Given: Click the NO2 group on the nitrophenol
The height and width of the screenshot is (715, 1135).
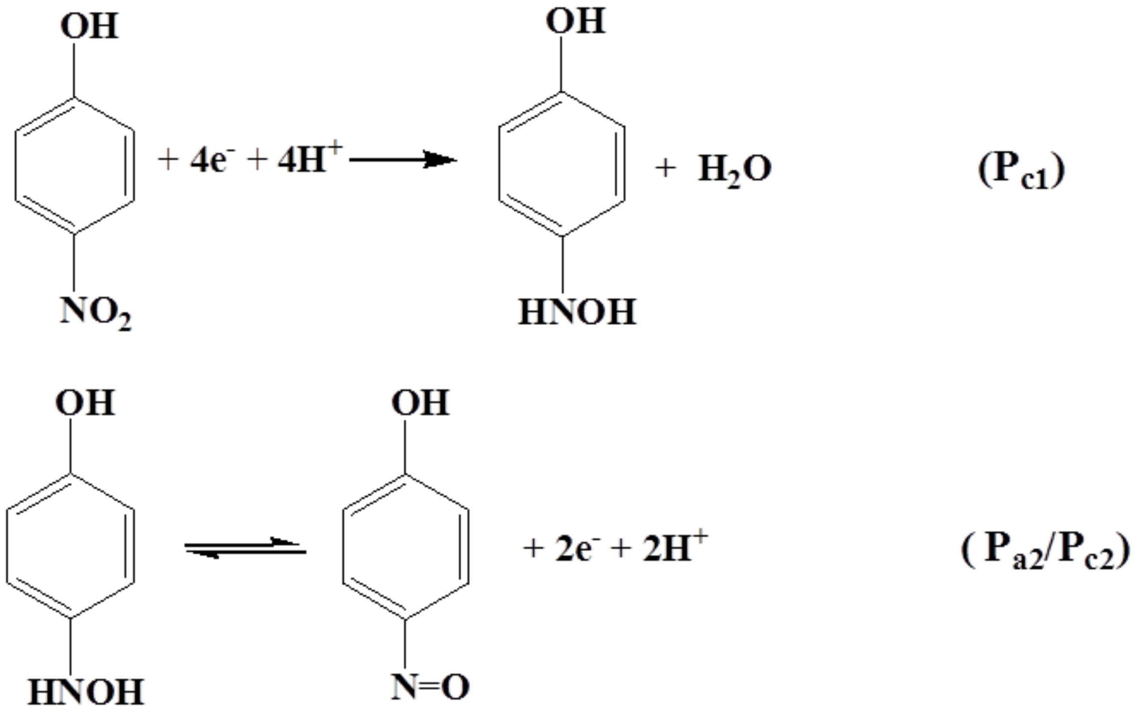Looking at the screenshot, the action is pos(95,313).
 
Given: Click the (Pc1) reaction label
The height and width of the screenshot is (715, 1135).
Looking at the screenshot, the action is pos(1021,172).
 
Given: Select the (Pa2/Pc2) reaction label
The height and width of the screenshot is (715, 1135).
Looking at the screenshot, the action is pos(1045,551).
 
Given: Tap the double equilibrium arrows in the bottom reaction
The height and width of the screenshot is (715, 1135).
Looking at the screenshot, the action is pos(245,548).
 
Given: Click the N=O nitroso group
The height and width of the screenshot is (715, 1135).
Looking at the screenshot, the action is pos(430,687).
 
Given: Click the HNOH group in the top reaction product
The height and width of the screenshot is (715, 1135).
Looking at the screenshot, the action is pos(577,312).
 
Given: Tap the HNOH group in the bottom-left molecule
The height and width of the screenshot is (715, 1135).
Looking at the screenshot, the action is pos(86,692).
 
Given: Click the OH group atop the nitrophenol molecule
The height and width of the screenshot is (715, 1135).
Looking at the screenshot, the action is pos(89,26).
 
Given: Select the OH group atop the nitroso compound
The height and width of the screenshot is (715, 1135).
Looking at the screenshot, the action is pos(420,403).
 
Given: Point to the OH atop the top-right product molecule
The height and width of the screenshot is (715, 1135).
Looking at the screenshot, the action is pos(576,21).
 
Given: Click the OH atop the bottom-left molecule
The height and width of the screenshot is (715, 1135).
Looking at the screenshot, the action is pos(85,403).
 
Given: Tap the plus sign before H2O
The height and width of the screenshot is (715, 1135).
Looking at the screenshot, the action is pos(665,168).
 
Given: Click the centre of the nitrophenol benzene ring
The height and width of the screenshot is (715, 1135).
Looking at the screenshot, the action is pos(74,165).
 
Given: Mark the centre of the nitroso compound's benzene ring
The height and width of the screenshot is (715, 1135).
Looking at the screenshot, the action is pos(405,547).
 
